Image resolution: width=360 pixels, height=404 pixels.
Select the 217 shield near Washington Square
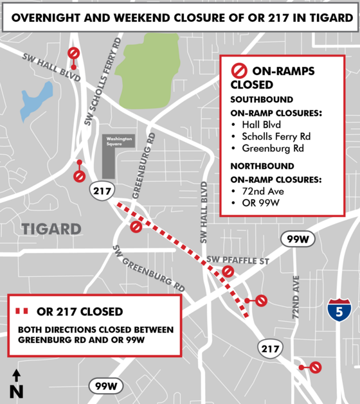coord(101,191)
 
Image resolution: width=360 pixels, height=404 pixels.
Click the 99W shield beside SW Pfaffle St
coord(296,240)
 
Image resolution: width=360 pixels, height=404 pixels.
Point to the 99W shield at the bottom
coord(105,385)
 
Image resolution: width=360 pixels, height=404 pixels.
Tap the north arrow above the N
coord(16,376)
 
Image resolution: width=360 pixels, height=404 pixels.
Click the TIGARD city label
coord(51,229)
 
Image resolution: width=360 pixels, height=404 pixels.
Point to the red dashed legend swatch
coord(21,312)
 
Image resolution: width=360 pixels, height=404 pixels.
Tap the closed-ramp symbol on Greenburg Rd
coord(136,227)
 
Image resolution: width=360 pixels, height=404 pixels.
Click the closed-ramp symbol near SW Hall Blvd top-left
coord(75,53)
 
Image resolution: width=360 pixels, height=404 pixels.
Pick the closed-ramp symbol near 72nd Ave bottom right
coord(315,367)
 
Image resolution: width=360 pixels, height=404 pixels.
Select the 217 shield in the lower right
coord(270,347)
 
